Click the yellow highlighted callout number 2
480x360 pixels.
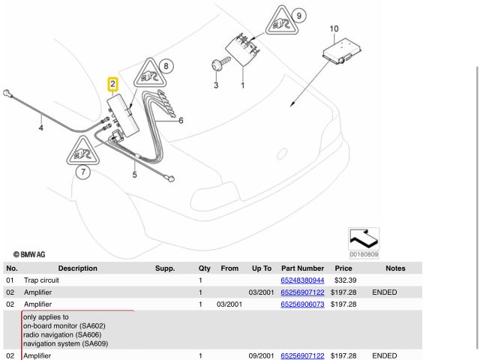tap(112, 85)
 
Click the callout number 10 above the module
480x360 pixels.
tap(334, 29)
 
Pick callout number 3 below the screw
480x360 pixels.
tap(215, 86)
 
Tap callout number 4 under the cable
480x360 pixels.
tap(40, 128)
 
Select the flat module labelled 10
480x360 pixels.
tap(338, 52)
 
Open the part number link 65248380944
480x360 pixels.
tap(302, 280)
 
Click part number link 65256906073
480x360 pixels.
tap(302, 304)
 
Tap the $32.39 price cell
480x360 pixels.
tap(343, 280)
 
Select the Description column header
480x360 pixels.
tap(77, 268)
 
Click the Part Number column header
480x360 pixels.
tap(302, 268)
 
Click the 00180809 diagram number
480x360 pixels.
tap(364, 254)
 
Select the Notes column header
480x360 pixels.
tap(394, 268)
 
